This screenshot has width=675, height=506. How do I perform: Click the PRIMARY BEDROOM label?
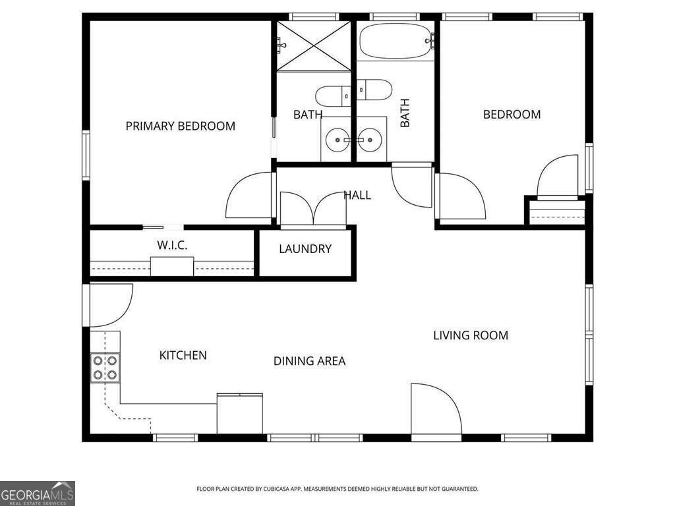180,126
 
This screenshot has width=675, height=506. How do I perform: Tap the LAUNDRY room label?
305,249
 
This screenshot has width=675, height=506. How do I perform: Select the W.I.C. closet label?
172,245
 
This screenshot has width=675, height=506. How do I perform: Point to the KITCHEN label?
183,355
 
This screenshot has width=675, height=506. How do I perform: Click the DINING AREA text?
309,361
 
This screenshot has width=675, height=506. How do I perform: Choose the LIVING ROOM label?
470,335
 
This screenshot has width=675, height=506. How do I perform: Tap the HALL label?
357,195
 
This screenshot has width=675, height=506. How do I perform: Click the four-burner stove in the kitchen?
105,368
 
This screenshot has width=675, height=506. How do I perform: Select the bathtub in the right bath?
394,42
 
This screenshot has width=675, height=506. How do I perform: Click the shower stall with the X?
313,45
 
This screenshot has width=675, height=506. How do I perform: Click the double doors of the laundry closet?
314,210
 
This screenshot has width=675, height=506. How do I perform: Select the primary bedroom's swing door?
249,196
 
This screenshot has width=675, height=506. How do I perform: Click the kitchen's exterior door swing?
109,304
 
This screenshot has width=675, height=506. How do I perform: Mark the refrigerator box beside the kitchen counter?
240,413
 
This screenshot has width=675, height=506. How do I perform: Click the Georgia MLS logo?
38,493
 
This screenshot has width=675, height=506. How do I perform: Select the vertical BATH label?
405,113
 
